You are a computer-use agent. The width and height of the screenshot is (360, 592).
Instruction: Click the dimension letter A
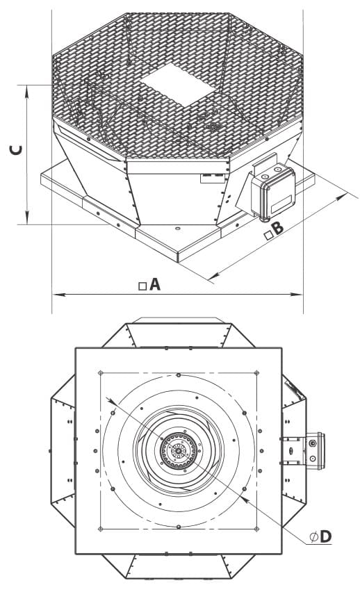(x=155, y=284)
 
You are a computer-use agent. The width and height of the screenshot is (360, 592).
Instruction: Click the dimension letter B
(x=278, y=228)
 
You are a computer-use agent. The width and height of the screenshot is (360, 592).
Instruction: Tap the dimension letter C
(x=16, y=150)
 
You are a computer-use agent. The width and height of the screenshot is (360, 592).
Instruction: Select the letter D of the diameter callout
(x=326, y=536)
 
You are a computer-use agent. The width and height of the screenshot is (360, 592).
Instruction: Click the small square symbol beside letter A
(x=142, y=286)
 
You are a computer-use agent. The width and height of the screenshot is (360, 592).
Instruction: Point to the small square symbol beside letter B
(x=268, y=236)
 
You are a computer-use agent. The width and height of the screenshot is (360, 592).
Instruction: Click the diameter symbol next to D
(x=313, y=537)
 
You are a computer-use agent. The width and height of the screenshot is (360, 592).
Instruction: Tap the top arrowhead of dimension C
(x=27, y=91)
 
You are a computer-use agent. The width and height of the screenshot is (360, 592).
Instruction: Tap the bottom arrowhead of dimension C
(x=27, y=218)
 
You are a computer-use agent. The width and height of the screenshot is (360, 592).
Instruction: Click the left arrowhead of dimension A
(x=58, y=294)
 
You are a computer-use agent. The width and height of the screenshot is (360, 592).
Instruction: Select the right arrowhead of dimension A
(x=297, y=294)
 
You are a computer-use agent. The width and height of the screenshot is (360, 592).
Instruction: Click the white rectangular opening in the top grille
(x=177, y=85)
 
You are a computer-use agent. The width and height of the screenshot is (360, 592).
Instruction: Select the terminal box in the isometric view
(x=272, y=191)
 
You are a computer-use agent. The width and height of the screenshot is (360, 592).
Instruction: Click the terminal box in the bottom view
(x=315, y=450)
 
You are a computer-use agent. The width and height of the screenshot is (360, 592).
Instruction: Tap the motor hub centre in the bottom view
(x=178, y=450)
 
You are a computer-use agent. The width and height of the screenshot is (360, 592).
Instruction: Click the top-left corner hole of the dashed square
(x=101, y=373)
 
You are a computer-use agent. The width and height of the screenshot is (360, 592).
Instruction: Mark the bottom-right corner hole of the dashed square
(x=257, y=529)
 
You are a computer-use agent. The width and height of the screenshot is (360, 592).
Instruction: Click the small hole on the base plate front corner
(x=177, y=229)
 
